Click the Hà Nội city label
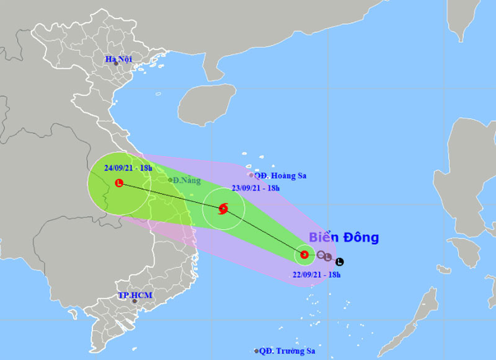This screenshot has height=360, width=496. pyautogui.click(x=120, y=59)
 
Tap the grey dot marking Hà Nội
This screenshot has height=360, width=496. pyautogui.click(x=116, y=64)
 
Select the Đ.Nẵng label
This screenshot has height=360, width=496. pyautogui.click(x=187, y=180)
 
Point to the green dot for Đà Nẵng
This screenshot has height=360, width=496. pyautogui.click(x=170, y=180)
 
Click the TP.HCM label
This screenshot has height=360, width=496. pyautogui.click(x=135, y=296)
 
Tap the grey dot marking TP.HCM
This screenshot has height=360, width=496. pyautogui.click(x=134, y=302)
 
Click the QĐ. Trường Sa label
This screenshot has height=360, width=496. pyautogui.click(x=288, y=351)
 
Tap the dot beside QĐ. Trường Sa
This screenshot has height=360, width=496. pyautogui.click(x=256, y=351)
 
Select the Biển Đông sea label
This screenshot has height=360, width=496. pyautogui.click(x=343, y=238)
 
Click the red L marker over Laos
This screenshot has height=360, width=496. pyautogui.click(x=119, y=183)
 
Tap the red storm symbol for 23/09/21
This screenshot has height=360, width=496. pyautogui.click(x=223, y=209)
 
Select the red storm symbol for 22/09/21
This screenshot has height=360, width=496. pyautogui.click(x=304, y=254)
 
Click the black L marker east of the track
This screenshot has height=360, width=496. pyautogui.click(x=339, y=261)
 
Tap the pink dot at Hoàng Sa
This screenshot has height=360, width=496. pyautogui.click(x=251, y=175)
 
